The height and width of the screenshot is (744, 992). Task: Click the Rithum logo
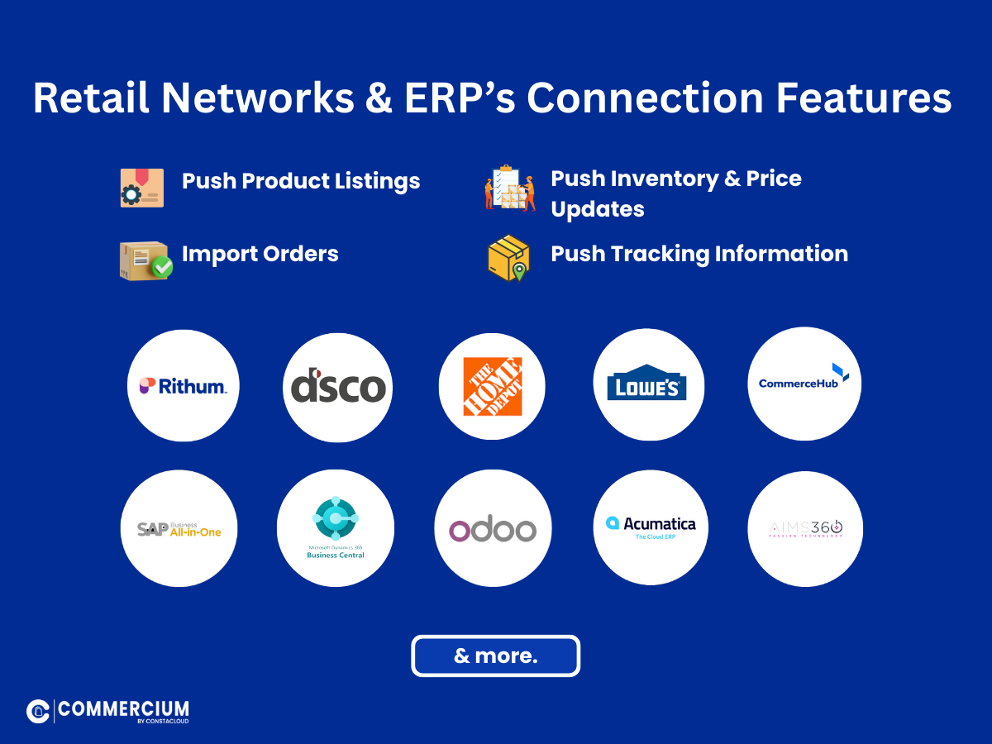pyautogui.click(x=183, y=386)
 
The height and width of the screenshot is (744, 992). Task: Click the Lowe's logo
pyautogui.click(x=648, y=385)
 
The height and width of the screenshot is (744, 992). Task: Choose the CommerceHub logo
pyautogui.click(x=804, y=383)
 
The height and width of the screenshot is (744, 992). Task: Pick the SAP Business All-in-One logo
pyautogui.click(x=179, y=528)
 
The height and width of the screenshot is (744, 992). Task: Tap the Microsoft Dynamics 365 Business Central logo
pyautogui.click(x=336, y=528)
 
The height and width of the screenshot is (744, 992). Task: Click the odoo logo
pyautogui.click(x=493, y=529)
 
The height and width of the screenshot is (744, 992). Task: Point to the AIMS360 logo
pyautogui.click(x=805, y=528)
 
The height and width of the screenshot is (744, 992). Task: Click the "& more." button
pyautogui.click(x=496, y=656)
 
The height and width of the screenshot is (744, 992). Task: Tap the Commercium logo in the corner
pyautogui.click(x=107, y=710)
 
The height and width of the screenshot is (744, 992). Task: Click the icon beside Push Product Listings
pyautogui.click(x=141, y=188)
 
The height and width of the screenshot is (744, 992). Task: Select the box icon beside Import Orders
pyautogui.click(x=145, y=261)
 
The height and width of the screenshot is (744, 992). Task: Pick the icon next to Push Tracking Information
pyautogui.click(x=508, y=258)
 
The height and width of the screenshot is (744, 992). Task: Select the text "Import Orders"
pyautogui.click(x=260, y=254)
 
